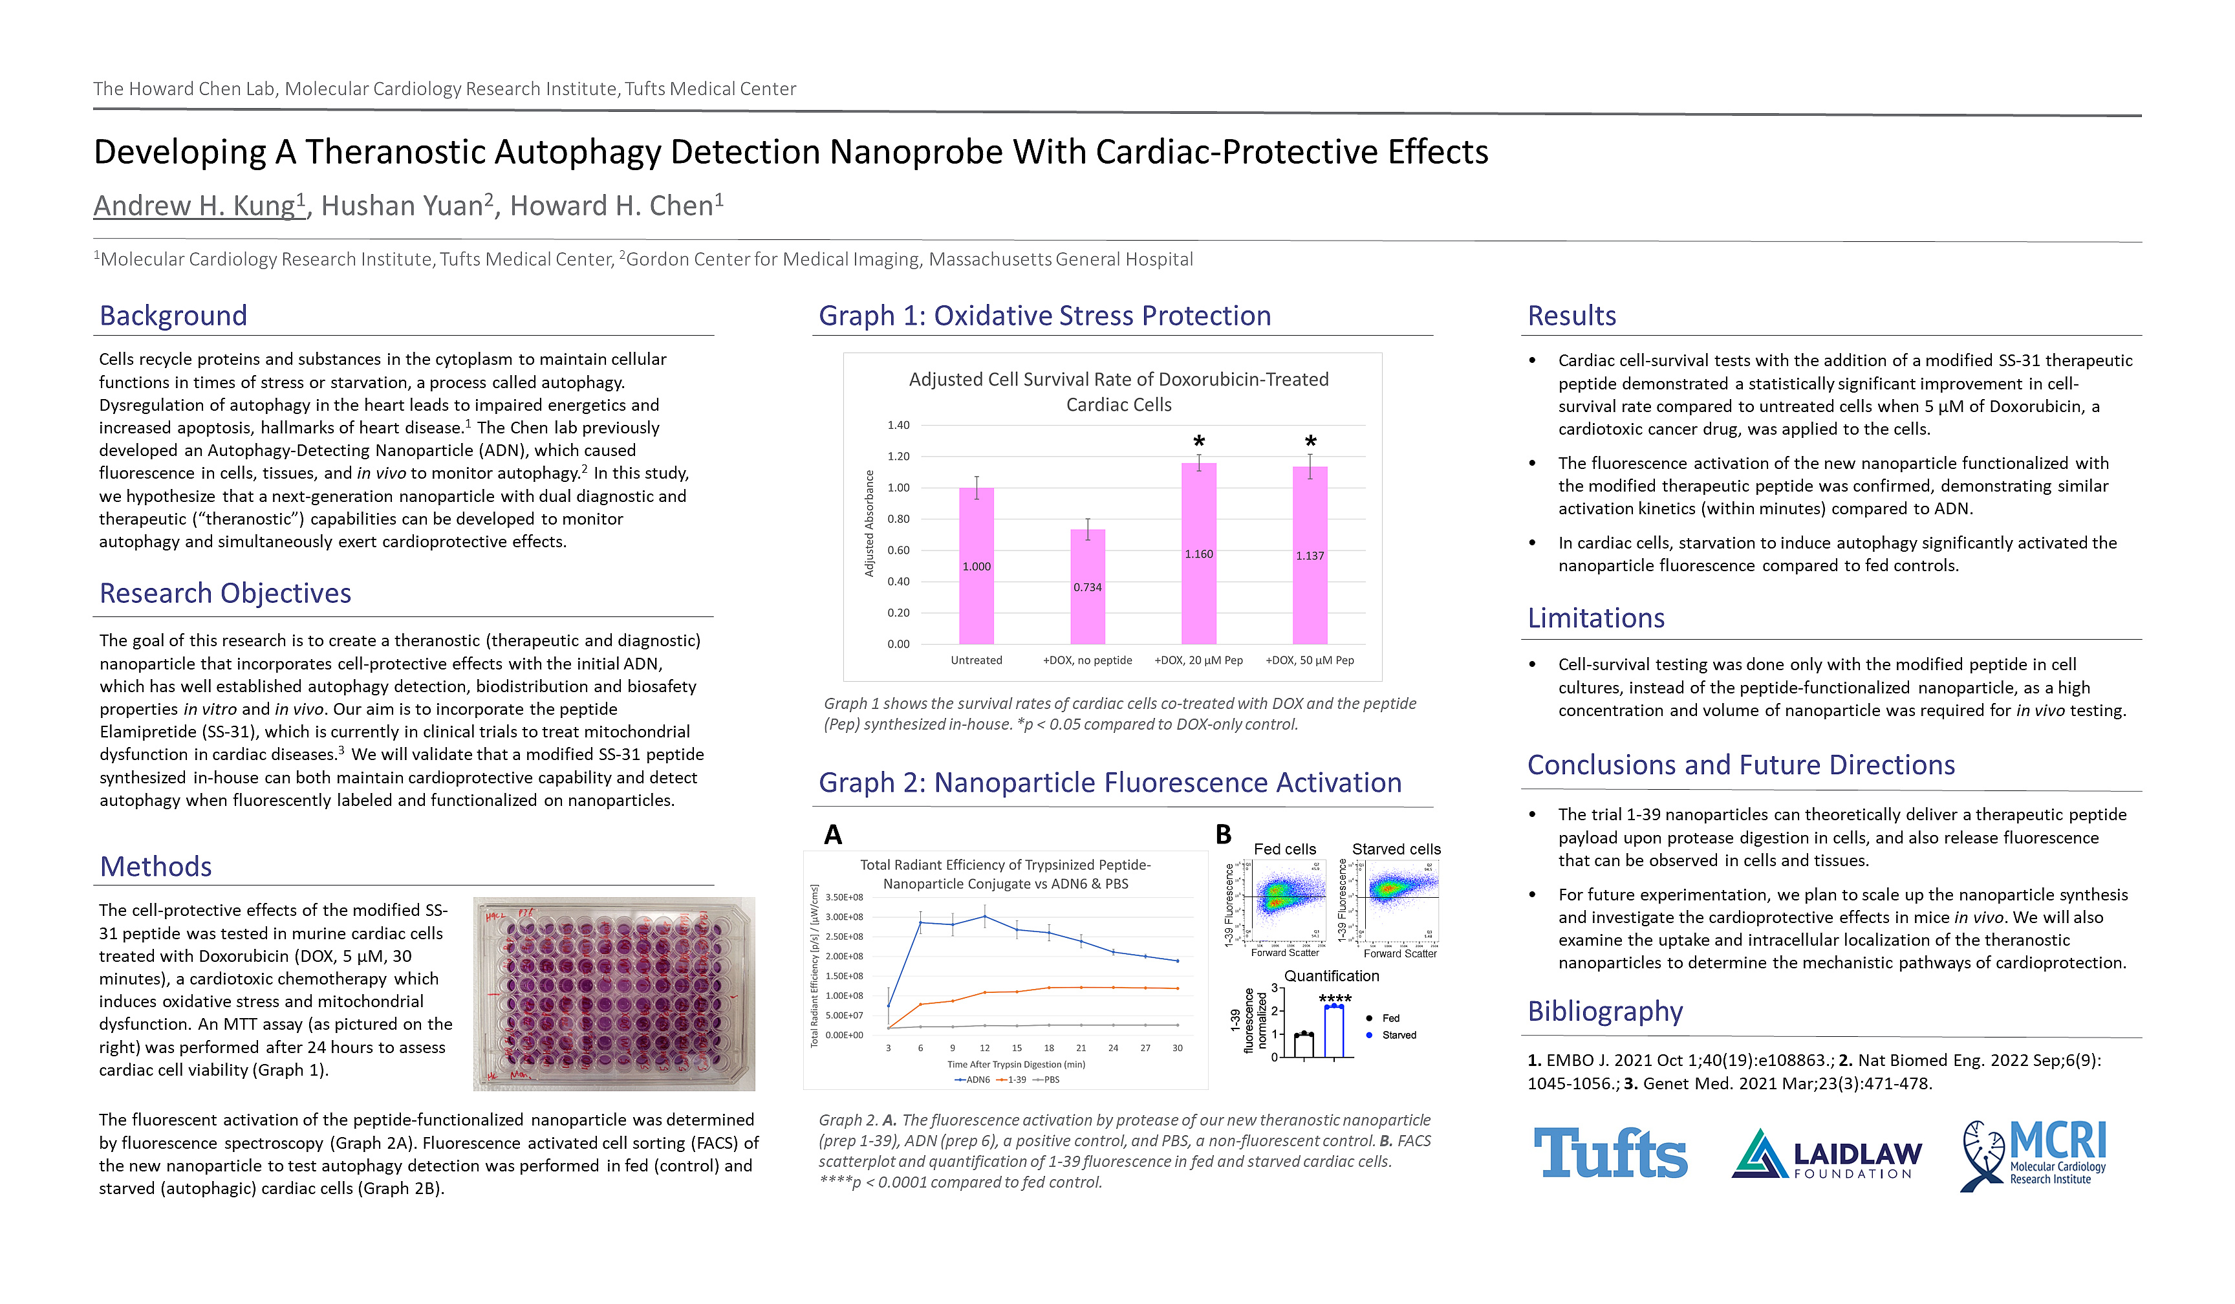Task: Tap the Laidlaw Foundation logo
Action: point(1827,1154)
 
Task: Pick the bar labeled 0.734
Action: point(1087,587)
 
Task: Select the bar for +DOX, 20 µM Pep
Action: point(1198,554)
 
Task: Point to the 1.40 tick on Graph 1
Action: point(898,425)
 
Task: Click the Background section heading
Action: point(173,316)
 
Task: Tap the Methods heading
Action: point(155,867)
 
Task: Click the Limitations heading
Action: point(1595,618)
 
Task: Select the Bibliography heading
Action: point(1604,1011)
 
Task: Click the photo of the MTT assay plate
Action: point(614,994)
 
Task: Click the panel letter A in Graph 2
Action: point(833,835)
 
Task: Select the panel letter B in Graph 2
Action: point(1223,835)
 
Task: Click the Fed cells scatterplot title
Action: point(1284,849)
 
